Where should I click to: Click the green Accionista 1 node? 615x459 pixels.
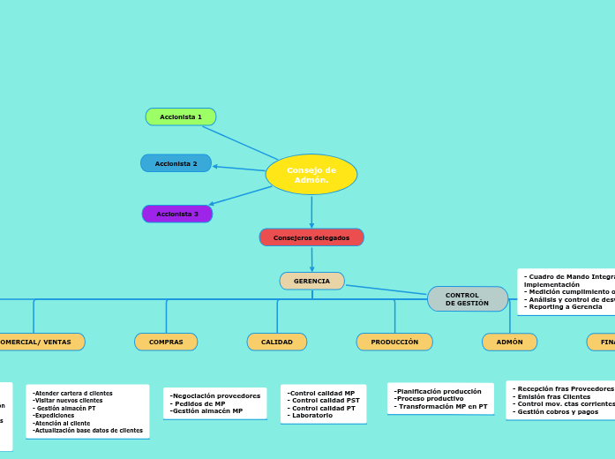[181, 117]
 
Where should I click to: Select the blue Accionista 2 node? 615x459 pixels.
[176, 163]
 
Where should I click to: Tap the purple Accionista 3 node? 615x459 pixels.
[177, 214]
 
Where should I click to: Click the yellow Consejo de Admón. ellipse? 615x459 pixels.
[311, 174]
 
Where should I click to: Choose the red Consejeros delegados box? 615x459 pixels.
[311, 237]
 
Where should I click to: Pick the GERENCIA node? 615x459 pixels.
[311, 281]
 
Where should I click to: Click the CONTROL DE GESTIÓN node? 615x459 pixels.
[467, 299]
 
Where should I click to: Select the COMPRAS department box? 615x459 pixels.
[166, 342]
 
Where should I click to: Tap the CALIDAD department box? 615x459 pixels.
[277, 342]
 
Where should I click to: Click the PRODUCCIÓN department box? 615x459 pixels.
[394, 342]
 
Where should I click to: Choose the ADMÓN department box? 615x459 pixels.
[509, 342]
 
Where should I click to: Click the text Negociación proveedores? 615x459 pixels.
[216, 395]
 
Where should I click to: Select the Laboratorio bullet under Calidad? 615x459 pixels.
[311, 415]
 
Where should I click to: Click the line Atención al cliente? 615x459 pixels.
[62, 423]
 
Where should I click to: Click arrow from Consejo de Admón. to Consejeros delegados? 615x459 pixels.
[311, 212]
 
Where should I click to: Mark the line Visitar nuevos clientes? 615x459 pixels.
[68, 401]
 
